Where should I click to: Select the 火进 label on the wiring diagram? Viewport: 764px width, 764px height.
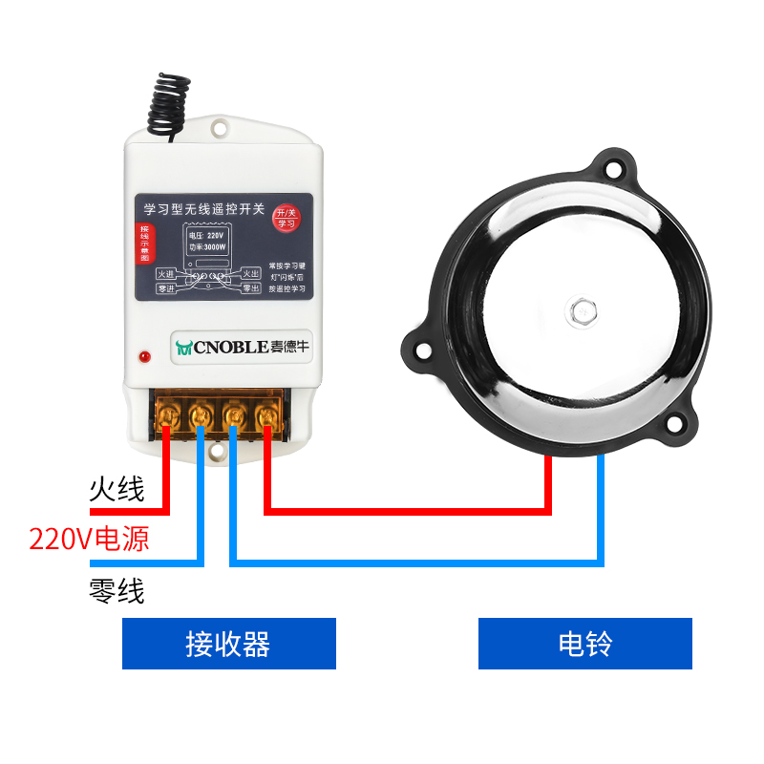[x=165, y=274]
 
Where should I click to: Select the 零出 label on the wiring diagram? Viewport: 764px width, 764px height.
[x=251, y=288]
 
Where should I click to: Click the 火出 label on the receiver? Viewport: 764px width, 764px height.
[x=251, y=274]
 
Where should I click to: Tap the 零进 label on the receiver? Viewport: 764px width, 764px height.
[x=165, y=288]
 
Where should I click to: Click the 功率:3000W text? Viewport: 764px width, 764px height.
[x=207, y=246]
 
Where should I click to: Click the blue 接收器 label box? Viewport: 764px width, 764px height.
[x=229, y=644]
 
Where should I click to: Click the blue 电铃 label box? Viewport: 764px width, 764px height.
[x=584, y=644]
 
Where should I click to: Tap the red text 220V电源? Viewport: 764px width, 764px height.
[x=89, y=540]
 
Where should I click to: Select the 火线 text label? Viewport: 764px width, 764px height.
[x=117, y=490]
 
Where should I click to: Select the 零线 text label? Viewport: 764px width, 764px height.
[x=117, y=591]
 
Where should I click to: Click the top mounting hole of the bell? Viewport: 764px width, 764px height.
[x=614, y=169]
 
